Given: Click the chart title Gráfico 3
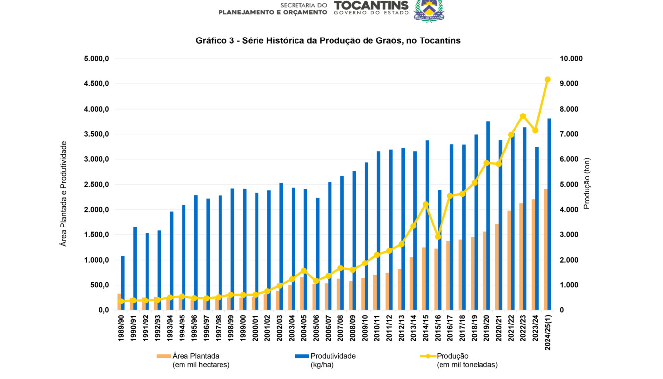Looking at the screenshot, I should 328,41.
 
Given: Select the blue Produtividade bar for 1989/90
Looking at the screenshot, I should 123,283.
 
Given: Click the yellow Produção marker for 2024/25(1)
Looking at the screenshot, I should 547,79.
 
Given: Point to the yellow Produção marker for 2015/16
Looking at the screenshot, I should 438,237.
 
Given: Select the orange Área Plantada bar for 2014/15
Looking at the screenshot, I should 424,279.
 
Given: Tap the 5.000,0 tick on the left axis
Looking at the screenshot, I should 97,59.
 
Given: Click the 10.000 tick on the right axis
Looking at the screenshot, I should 571,59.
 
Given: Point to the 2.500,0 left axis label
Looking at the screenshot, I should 97,185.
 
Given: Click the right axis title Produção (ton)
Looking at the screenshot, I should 587,184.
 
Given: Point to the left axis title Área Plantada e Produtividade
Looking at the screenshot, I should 63,193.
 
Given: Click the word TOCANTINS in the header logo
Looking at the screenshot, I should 371,5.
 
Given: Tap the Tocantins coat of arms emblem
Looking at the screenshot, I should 429,10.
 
